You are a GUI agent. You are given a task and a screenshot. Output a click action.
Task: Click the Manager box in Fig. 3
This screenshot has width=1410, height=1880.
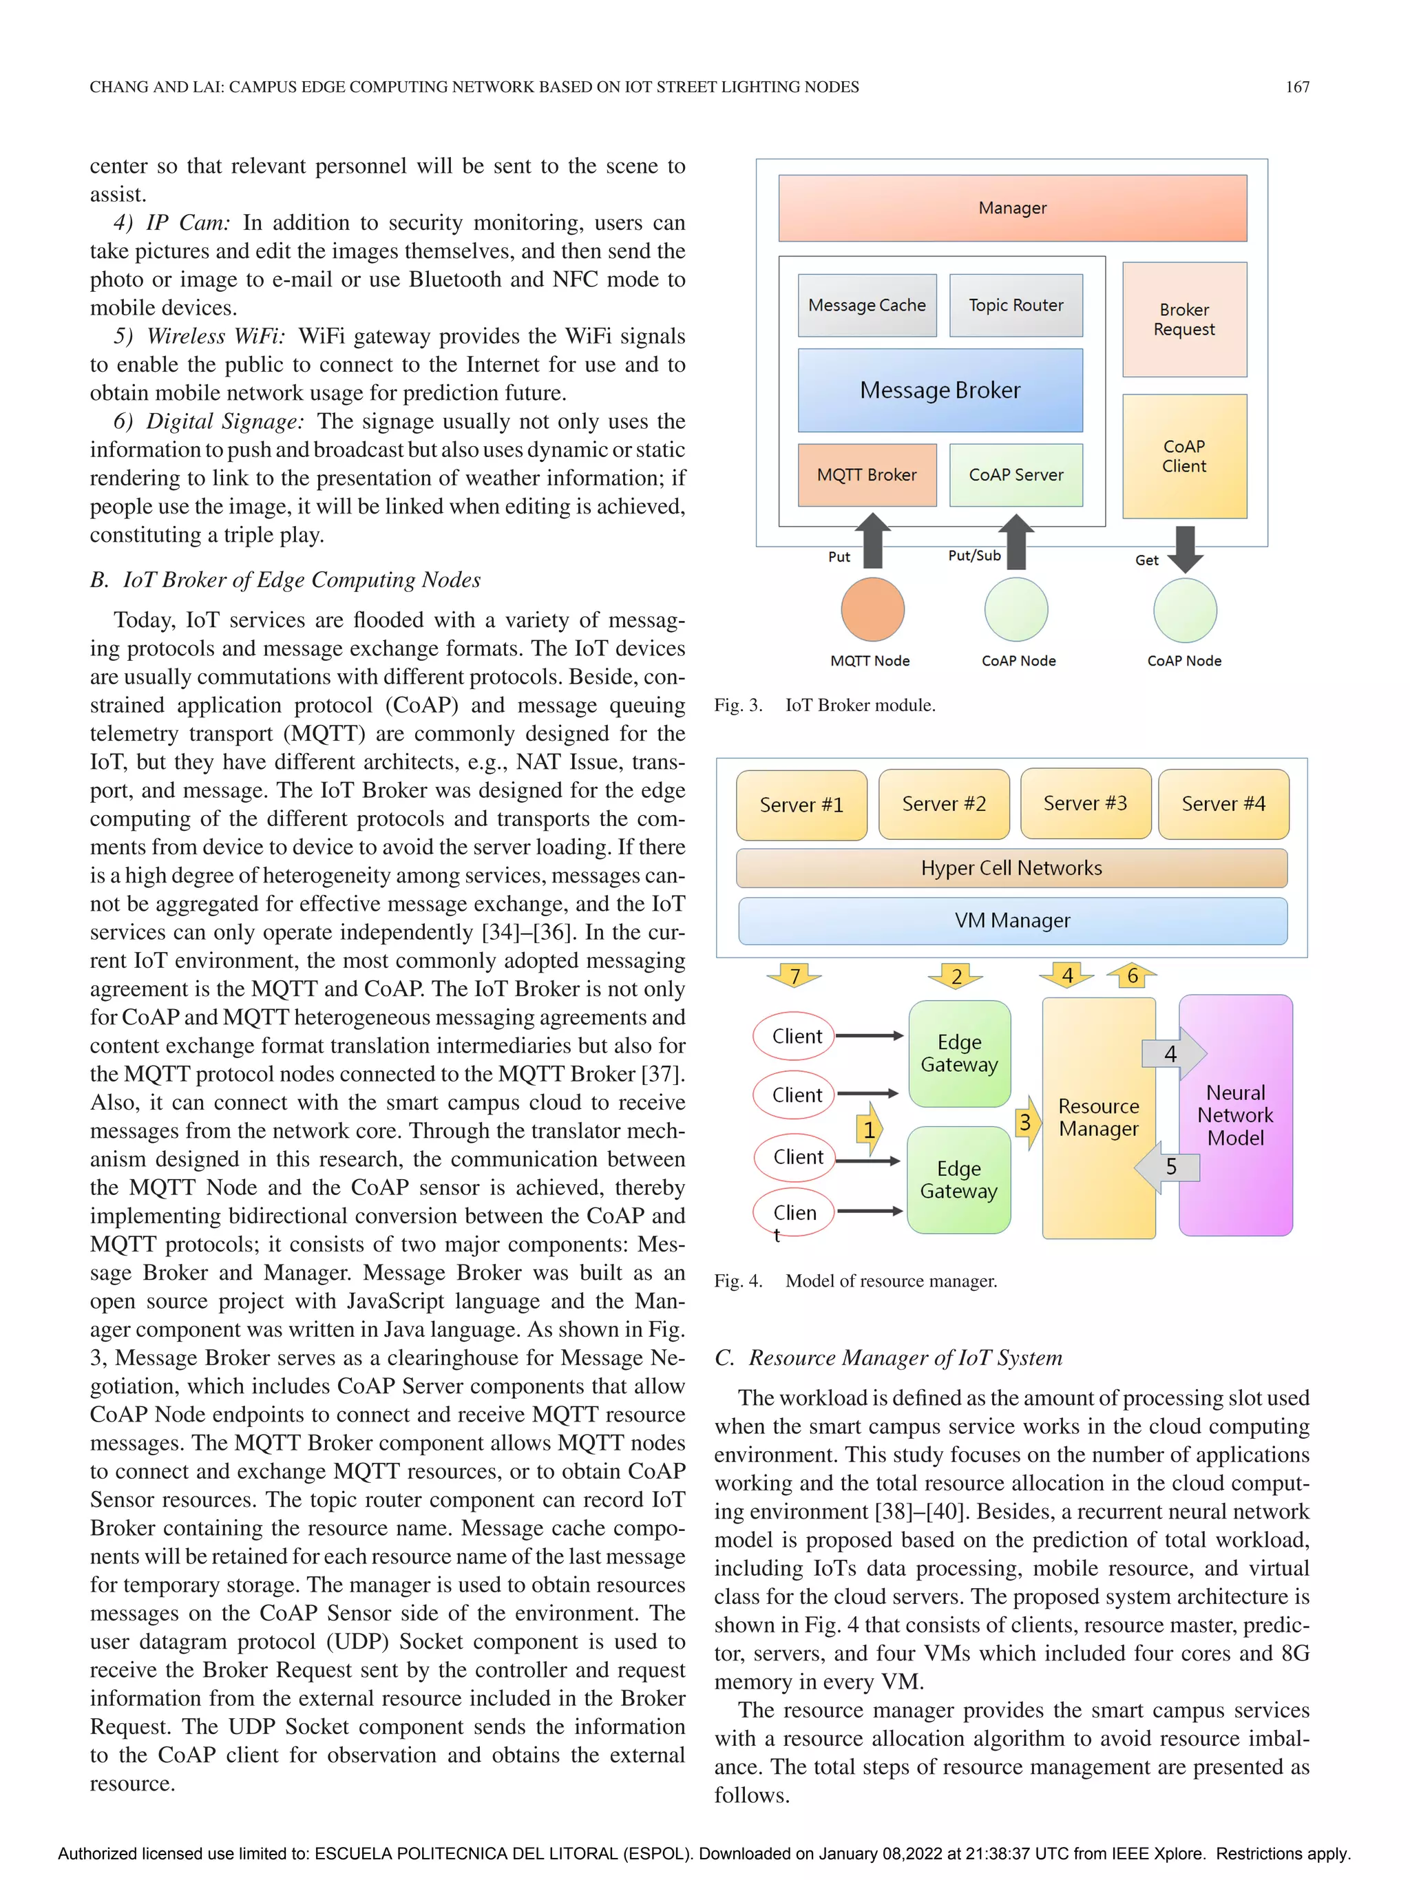[x=1011, y=208]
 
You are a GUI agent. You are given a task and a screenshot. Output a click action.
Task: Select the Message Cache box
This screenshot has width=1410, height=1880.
[x=866, y=305]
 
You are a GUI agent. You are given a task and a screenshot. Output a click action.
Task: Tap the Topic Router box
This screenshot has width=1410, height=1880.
[x=1015, y=305]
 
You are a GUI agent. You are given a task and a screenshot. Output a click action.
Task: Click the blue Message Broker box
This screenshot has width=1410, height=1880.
[x=939, y=390]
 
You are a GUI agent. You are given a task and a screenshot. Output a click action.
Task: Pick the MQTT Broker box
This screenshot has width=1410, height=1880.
[x=866, y=475]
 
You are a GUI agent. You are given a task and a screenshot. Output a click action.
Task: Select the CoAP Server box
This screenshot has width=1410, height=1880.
[x=1015, y=475]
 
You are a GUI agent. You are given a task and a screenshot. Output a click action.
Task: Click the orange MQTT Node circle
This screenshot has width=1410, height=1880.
[x=872, y=609]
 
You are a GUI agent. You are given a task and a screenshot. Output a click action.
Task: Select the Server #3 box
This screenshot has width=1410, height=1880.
[x=1084, y=804]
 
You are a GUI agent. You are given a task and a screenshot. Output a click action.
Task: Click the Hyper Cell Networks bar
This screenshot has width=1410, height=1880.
[x=1011, y=868]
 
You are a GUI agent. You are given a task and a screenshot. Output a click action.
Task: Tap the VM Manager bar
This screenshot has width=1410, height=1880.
[x=1011, y=920]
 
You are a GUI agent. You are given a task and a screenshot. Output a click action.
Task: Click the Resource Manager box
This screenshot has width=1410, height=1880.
[x=1097, y=1118]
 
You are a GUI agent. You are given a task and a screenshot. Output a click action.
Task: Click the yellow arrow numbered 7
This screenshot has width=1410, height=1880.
[x=794, y=975]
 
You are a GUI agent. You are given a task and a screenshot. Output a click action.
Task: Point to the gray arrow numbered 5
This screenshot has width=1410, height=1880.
[x=1167, y=1166]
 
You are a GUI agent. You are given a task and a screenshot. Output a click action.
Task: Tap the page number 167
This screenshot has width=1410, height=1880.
[x=1296, y=87]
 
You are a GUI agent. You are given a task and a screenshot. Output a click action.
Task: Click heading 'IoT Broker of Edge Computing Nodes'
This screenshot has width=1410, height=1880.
[x=301, y=580]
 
